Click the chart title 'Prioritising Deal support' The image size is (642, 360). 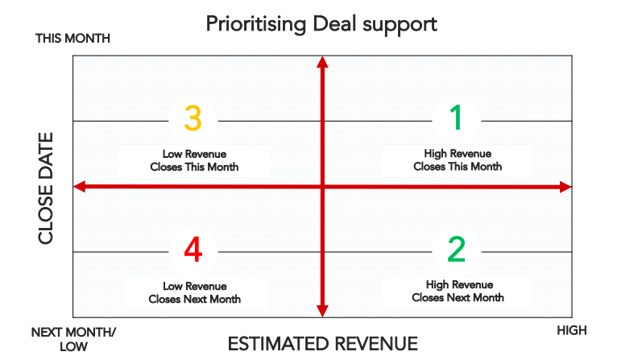tap(321, 23)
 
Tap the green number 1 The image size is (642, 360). tap(456, 118)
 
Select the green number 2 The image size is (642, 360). tap(456, 250)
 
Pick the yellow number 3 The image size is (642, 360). tap(193, 118)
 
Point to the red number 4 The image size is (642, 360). tap(193, 250)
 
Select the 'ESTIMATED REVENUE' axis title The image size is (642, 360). tap(322, 344)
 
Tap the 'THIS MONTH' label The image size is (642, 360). tap(72, 39)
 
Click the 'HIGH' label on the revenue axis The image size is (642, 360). tap(572, 330)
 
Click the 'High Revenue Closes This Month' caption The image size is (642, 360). tap(458, 159)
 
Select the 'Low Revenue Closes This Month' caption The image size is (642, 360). tap(194, 160)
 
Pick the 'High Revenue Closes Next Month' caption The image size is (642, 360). tap(458, 291)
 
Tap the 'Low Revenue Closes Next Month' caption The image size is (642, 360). tap(194, 292)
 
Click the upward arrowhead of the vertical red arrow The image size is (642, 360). tap(322, 62)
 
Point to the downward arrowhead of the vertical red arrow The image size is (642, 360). tap(322, 311)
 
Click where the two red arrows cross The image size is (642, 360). tap(322, 187)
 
